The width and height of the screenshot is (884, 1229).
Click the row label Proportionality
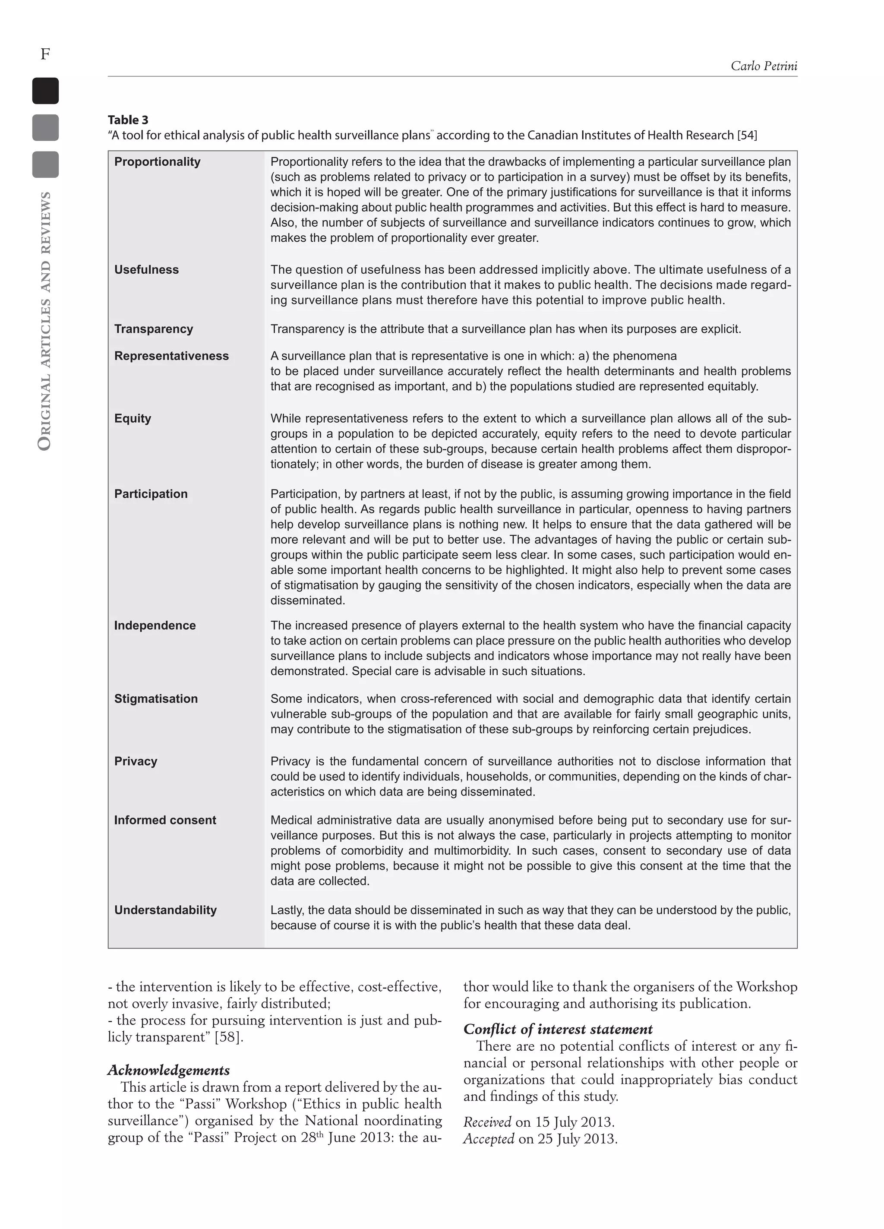(157, 161)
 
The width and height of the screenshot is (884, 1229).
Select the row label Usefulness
(146, 269)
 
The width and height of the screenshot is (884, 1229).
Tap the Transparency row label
(153, 329)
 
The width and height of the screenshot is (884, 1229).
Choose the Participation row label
(151, 494)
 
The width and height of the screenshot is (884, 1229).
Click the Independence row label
(155, 626)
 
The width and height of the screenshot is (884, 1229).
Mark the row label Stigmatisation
(155, 698)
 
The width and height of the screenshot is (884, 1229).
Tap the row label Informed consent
(165, 820)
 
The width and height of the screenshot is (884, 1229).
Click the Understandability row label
(165, 910)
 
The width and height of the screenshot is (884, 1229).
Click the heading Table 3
(128, 120)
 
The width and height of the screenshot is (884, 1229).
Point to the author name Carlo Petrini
(764, 66)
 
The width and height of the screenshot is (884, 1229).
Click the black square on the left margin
(45, 91)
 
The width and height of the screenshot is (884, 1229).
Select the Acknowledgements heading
(169, 1070)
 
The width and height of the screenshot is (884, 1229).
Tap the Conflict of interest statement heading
(558, 1029)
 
